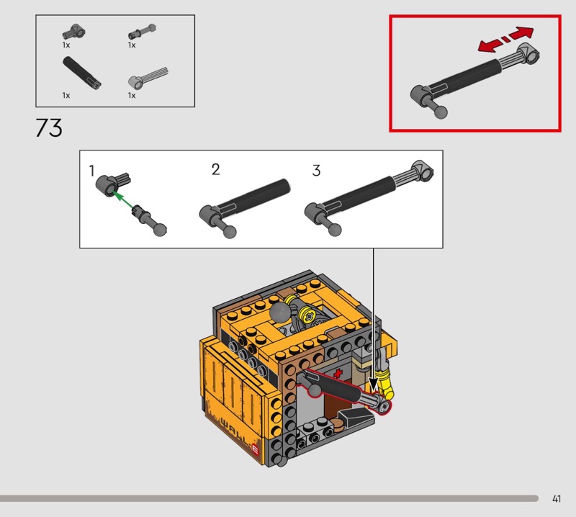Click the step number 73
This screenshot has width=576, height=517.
pyautogui.click(x=49, y=128)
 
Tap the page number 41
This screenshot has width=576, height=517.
pyautogui.click(x=556, y=498)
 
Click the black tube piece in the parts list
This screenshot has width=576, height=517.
pyautogui.click(x=81, y=73)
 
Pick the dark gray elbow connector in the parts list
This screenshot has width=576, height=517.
pyautogui.click(x=74, y=32)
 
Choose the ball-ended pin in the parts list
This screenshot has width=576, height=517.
pyautogui.click(x=142, y=32)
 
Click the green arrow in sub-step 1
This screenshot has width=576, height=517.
pyautogui.click(x=123, y=201)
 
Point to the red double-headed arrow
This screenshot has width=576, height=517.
pyautogui.click(x=505, y=40)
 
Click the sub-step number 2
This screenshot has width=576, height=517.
pyautogui.click(x=215, y=169)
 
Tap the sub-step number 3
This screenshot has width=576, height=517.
pyautogui.click(x=316, y=171)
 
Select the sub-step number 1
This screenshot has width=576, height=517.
pyautogui.click(x=91, y=171)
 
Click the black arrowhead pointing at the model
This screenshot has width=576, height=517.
pyautogui.click(x=373, y=385)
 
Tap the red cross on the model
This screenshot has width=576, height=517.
pyautogui.click(x=337, y=374)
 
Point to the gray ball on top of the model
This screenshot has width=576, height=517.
pyautogui.click(x=280, y=313)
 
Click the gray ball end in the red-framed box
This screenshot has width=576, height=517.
pyautogui.click(x=441, y=112)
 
